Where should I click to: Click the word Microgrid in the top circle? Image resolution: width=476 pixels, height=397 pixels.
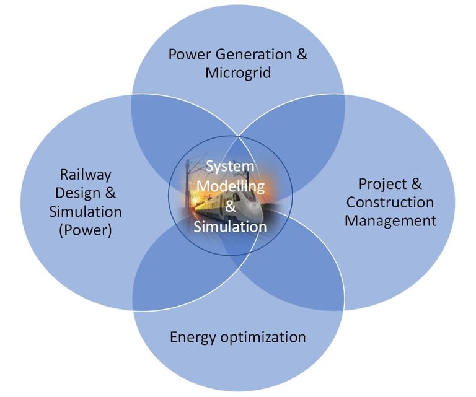point(238,73)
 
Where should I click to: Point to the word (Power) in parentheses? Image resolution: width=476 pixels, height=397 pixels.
point(86,232)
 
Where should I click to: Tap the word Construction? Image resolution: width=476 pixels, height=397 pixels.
point(390,203)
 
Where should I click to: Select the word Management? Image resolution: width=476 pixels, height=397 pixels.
point(390,220)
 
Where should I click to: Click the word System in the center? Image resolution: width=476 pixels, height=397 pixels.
point(230,167)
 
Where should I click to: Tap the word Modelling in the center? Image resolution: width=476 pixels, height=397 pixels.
point(230,186)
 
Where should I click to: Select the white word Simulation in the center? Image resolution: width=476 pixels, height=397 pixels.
point(230,227)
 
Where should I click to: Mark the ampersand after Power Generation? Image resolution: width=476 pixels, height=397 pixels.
point(302,54)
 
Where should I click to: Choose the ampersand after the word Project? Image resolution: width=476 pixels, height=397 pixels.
point(416,184)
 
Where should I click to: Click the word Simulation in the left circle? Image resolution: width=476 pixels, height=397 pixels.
point(86,212)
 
